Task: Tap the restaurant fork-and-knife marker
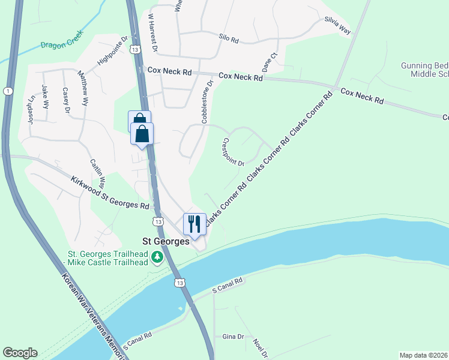pos(194,224)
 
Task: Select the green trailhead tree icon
pos(157,257)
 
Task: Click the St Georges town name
pos(165,241)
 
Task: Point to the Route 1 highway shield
pos(7,91)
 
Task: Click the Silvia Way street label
pos(337,27)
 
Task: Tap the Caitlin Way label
pos(98,173)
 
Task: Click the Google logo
pos(20,353)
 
